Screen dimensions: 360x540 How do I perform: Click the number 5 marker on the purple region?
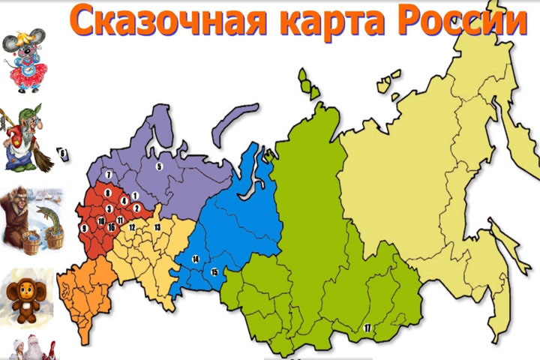[159, 166]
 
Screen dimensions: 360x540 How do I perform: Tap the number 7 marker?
[109, 175]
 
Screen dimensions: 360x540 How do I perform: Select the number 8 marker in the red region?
[109, 193]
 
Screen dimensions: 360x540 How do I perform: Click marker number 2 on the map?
[136, 208]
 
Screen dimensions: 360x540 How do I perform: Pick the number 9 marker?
[84, 228]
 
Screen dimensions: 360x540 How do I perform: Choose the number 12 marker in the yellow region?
[131, 226]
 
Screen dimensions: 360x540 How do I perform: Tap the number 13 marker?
[157, 226]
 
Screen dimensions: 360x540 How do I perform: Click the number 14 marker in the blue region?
[196, 259]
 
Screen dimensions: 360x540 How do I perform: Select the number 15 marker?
[214, 271]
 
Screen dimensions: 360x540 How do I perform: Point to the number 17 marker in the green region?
[367, 328]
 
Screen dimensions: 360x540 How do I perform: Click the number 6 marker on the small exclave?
[64, 154]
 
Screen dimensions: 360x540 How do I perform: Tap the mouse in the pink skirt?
[24, 60]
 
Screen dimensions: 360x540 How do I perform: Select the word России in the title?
[457, 22]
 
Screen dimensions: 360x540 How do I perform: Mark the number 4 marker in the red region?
[124, 201]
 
